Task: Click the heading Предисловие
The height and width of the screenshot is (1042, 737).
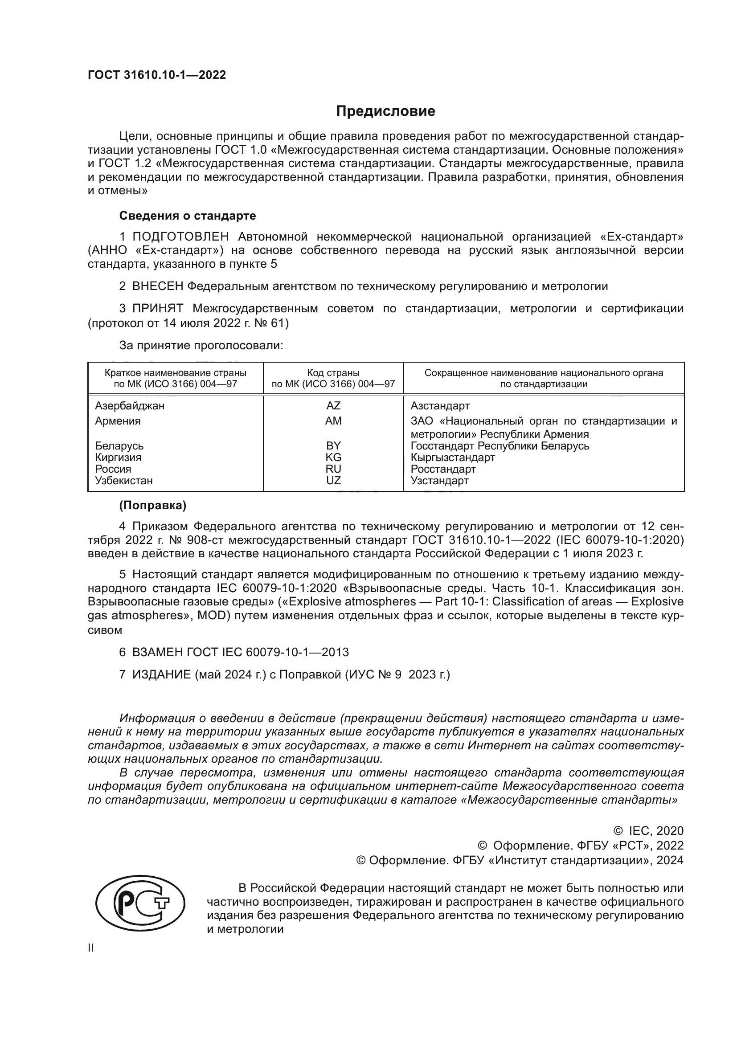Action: (385, 111)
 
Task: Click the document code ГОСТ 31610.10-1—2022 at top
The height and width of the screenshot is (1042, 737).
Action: (156, 75)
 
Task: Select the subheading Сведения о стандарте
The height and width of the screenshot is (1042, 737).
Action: (188, 216)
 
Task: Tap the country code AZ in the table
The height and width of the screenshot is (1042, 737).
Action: (333, 406)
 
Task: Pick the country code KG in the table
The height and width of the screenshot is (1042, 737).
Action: (333, 458)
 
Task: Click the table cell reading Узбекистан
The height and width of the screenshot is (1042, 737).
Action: (123, 481)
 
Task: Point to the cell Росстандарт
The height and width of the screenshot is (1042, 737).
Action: (443, 469)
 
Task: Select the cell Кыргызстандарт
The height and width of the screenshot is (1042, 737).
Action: (452, 458)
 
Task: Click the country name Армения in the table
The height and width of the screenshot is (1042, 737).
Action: (118, 421)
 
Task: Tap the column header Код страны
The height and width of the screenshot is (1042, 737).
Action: (333, 373)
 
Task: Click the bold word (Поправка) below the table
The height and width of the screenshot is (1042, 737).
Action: (152, 505)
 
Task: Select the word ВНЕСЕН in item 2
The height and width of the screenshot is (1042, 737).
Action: (158, 286)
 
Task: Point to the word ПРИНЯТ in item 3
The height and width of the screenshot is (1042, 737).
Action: (158, 309)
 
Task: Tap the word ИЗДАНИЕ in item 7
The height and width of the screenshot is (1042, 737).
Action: (162, 674)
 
